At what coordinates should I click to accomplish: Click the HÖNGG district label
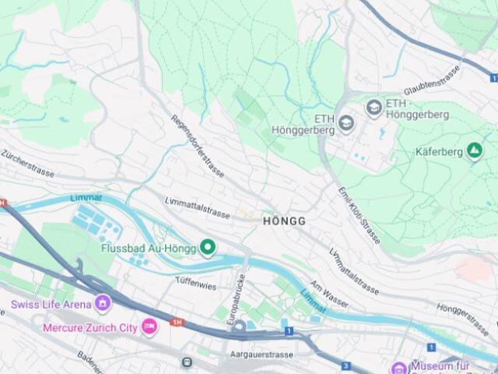tap(284, 221)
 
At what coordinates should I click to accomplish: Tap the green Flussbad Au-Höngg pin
tap(207, 248)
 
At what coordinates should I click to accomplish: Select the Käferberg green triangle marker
tap(475, 150)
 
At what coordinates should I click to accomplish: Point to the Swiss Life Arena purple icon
tap(103, 302)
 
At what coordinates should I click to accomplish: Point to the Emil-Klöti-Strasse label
tap(359, 215)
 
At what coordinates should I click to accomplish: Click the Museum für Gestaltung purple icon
tap(399, 367)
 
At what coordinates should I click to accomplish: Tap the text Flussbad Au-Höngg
tap(148, 249)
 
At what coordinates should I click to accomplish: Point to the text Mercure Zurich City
tap(90, 327)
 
